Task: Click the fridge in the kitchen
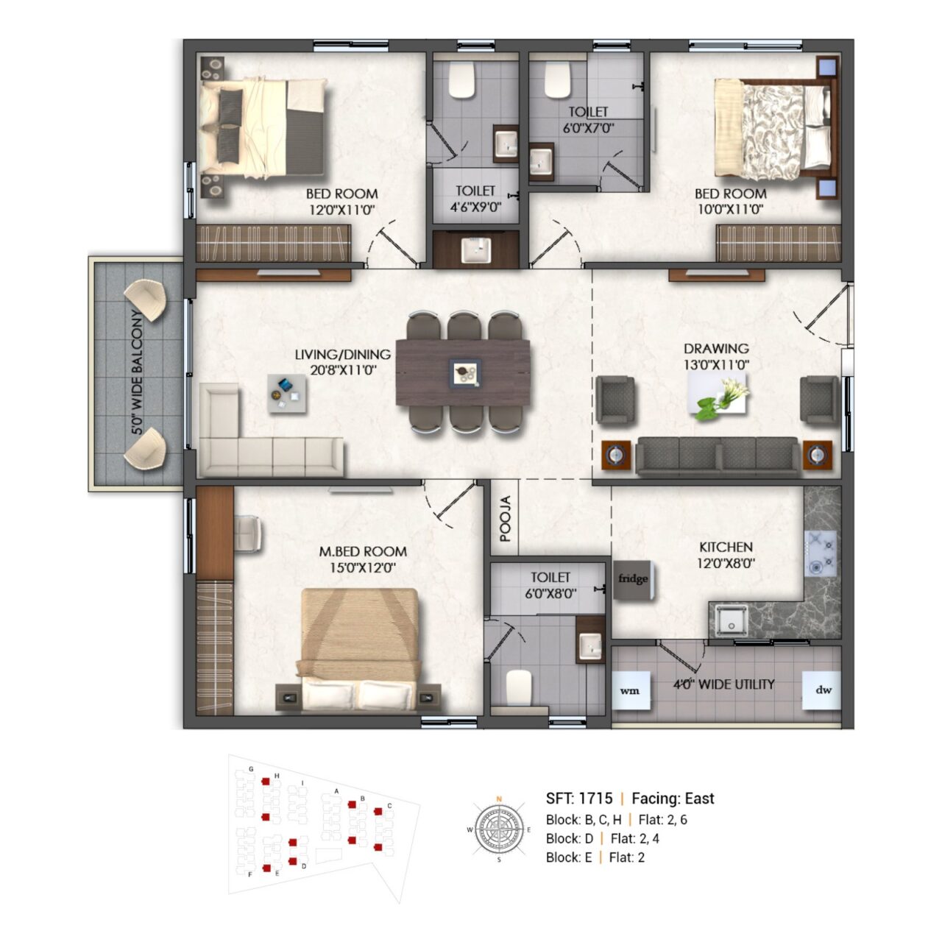click(634, 580)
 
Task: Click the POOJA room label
click(506, 519)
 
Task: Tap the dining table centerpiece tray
click(464, 374)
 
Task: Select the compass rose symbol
click(499, 829)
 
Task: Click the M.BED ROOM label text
click(364, 551)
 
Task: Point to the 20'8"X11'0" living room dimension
click(343, 370)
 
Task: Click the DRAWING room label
click(716, 349)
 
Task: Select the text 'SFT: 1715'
click(578, 798)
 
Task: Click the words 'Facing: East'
click(673, 798)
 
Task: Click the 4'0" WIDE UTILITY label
click(723, 684)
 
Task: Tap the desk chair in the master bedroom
click(249, 534)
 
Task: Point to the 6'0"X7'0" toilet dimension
click(588, 128)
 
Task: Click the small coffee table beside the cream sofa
click(287, 394)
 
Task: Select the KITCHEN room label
click(726, 547)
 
